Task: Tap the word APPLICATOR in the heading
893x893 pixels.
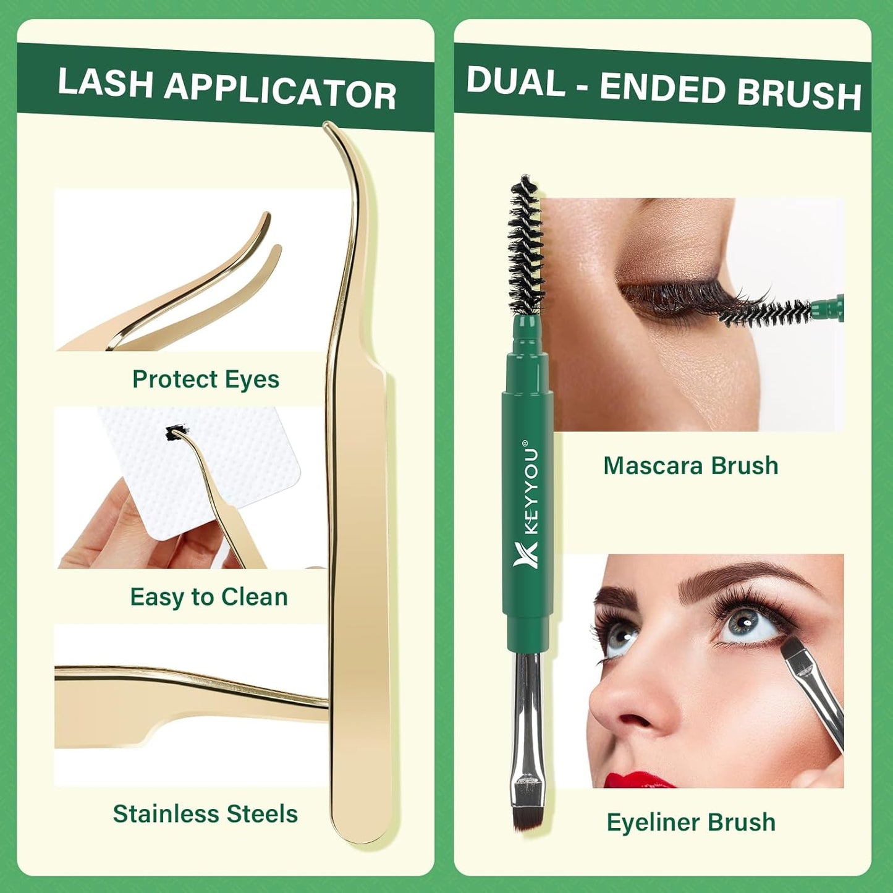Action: [280, 93]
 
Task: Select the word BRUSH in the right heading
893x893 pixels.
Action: [798, 93]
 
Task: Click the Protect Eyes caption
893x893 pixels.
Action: [205, 379]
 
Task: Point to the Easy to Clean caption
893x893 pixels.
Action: [209, 597]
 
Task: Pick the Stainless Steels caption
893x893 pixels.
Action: [205, 814]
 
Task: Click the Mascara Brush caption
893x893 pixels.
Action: [690, 466]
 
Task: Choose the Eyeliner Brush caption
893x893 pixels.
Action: [691, 823]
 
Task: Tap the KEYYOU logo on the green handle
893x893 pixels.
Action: [527, 504]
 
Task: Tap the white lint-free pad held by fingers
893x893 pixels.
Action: [247, 470]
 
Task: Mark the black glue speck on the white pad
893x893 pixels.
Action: [176, 433]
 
